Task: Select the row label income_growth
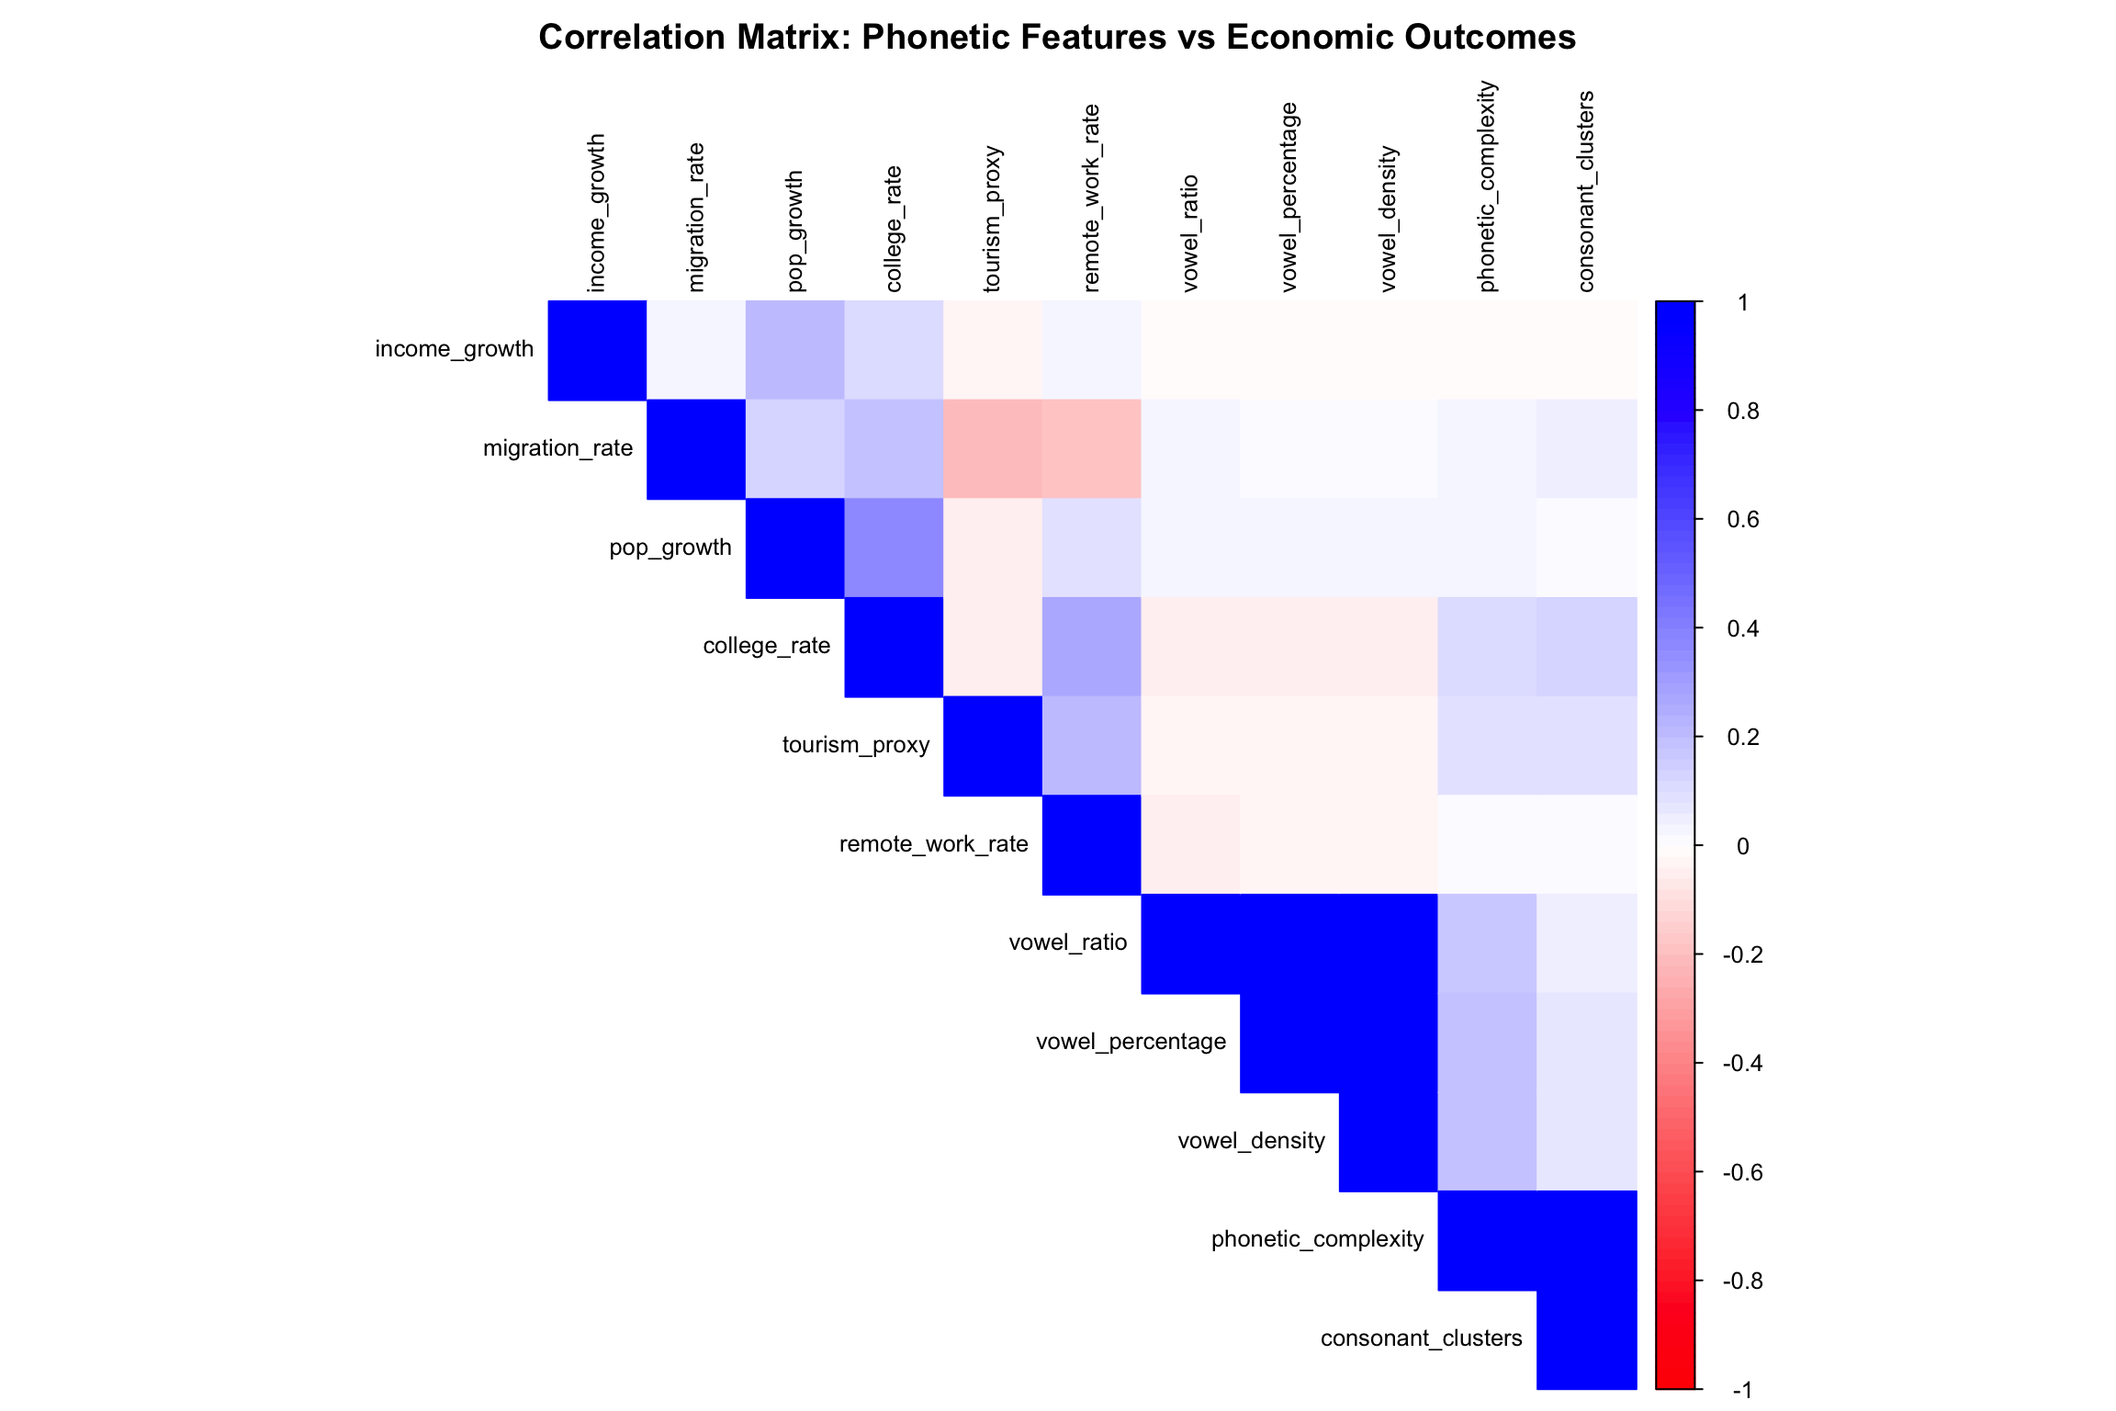(454, 349)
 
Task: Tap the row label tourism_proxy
(855, 745)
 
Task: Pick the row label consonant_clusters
(1421, 1338)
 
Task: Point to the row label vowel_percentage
(1131, 1042)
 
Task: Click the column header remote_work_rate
(1091, 198)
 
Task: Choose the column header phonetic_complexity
(1487, 186)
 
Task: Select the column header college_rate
(894, 229)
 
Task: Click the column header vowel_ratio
(1190, 233)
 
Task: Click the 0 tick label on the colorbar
(1742, 846)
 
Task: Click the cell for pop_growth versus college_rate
(894, 547)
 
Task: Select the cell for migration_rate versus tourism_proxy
(993, 448)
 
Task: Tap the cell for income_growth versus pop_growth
(794, 350)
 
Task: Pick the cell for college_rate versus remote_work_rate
(1091, 647)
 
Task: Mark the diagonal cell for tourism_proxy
(993, 746)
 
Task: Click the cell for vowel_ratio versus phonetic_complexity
(1487, 943)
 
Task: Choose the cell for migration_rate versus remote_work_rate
(1091, 448)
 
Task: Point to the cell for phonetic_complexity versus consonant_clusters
(1586, 1240)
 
